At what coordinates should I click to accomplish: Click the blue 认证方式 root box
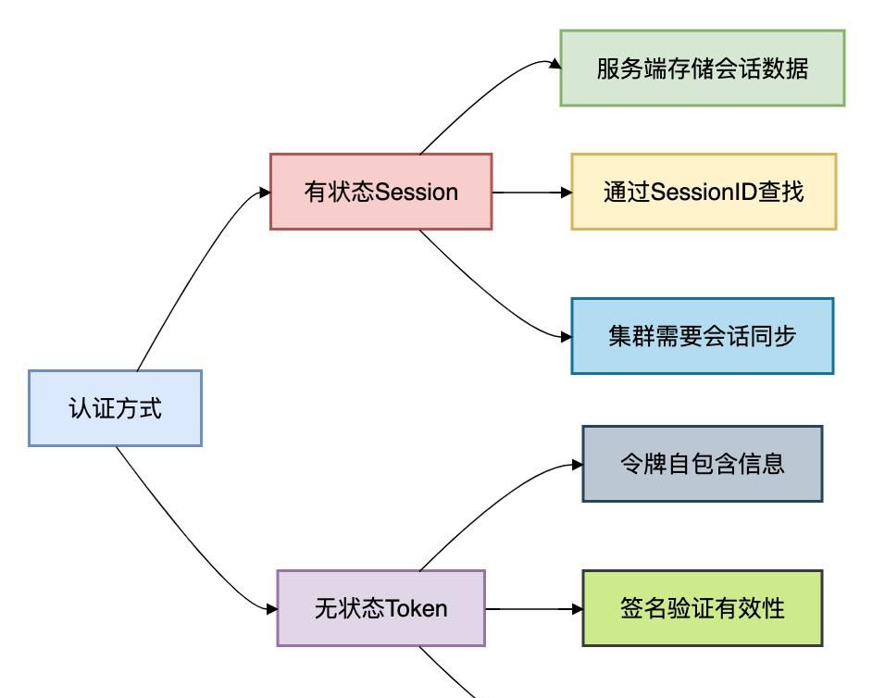coord(115,408)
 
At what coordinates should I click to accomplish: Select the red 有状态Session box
coord(380,192)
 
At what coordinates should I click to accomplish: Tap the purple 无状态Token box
coord(380,608)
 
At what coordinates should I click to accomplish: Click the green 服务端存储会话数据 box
coord(702,69)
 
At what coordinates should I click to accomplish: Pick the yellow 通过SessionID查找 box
coord(704,192)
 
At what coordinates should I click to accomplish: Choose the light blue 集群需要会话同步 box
coord(702,336)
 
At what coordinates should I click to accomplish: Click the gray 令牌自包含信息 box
coord(702,464)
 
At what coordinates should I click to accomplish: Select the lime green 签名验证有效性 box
coord(702,608)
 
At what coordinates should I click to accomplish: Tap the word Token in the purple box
coord(416,609)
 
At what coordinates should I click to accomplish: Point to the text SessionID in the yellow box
coord(692,193)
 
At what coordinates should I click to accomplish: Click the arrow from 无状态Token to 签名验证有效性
coord(531,609)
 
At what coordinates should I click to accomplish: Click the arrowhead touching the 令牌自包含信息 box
coord(577,466)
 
